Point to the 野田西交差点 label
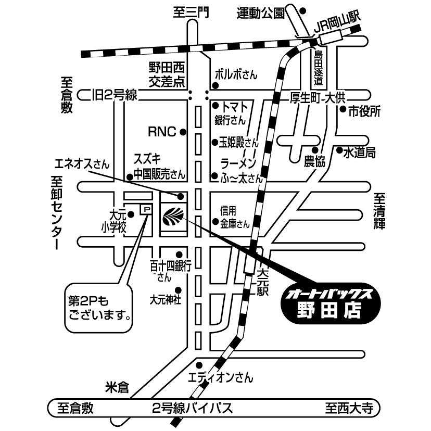[x=167, y=74]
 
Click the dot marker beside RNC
[x=183, y=132]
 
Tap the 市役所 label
[x=365, y=110]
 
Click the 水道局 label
[x=359, y=153]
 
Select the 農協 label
[x=314, y=161]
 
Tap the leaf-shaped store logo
[x=172, y=215]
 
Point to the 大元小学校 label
[x=115, y=221]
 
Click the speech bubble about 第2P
[x=98, y=308]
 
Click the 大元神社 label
[x=166, y=300]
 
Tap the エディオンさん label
[x=220, y=376]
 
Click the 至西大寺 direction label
[x=350, y=408]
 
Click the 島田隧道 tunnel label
[x=319, y=67]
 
